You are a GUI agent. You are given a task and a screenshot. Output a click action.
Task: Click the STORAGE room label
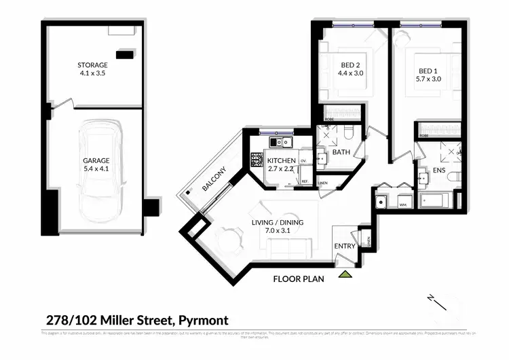[x=92, y=66]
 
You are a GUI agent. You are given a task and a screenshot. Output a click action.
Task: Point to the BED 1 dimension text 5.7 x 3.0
[x=428, y=79]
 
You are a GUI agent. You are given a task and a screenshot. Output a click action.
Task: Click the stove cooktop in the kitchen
[x=257, y=160]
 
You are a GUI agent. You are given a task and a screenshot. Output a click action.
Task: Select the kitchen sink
[x=281, y=142]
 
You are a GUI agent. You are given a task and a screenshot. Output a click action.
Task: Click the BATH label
[x=341, y=152]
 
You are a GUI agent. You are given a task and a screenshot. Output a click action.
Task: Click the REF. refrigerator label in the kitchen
[x=305, y=181]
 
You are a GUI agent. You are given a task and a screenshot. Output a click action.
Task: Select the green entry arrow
[x=345, y=274]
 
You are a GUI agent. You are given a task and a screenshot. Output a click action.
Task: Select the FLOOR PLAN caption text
[x=299, y=278]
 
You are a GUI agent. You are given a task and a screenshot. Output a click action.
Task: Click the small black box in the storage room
[x=125, y=53]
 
